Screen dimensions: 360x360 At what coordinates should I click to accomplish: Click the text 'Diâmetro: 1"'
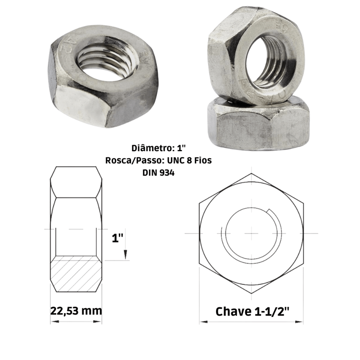click(158, 148)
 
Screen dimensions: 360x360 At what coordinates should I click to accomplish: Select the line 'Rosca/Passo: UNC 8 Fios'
click(158, 160)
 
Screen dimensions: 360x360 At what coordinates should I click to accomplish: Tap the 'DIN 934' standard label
click(158, 173)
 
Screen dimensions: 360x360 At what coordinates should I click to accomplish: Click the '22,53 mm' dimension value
click(76, 311)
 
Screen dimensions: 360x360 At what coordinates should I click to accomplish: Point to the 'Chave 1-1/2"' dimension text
click(252, 311)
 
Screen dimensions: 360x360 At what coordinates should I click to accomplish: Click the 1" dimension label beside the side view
click(117, 238)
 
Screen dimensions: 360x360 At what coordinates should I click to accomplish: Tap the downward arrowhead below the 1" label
click(126, 255)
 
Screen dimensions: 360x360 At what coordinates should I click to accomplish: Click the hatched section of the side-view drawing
click(76, 274)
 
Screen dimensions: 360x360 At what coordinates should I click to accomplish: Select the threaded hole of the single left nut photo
click(106, 62)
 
